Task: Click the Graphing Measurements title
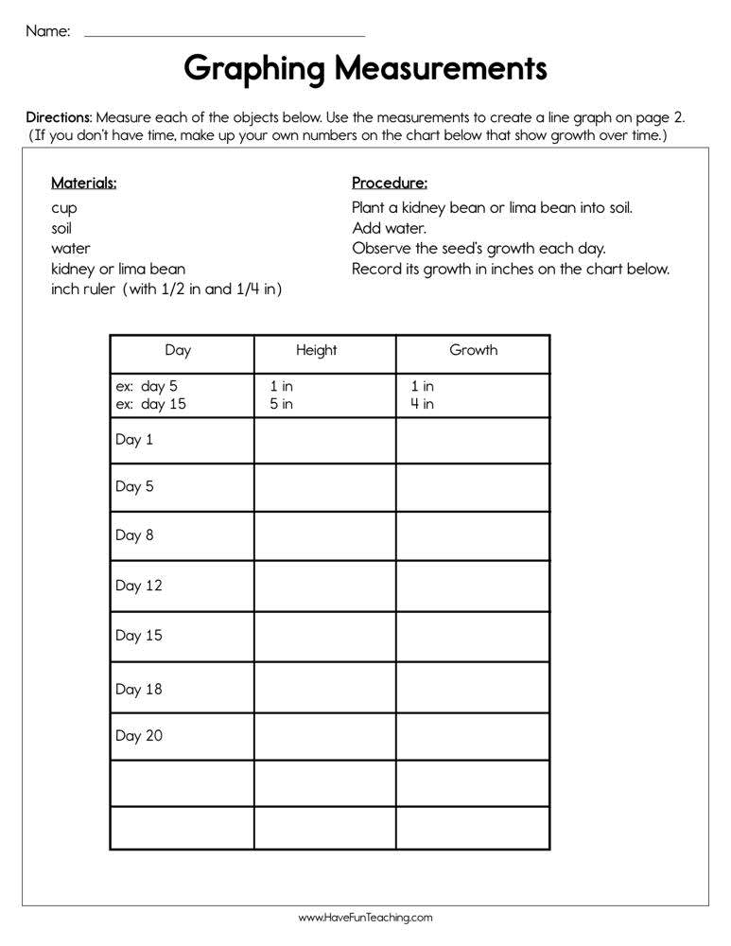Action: click(x=365, y=69)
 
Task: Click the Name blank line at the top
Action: click(x=224, y=34)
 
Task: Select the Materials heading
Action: click(x=84, y=183)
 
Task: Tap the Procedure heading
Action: click(x=390, y=183)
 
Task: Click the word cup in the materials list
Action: click(x=64, y=208)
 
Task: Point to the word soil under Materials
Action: click(x=61, y=228)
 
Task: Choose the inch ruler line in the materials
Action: click(x=166, y=289)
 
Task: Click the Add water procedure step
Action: click(x=389, y=228)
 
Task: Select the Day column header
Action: click(x=178, y=350)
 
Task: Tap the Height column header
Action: click(x=316, y=350)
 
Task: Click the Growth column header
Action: click(x=473, y=350)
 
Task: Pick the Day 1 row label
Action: click(x=134, y=440)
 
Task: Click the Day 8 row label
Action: click(x=134, y=535)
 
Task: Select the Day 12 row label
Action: click(x=139, y=586)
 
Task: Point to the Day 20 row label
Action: click(x=139, y=735)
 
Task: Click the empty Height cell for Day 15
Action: click(x=324, y=636)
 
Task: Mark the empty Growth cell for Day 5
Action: click(x=472, y=487)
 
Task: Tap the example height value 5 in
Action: click(x=282, y=404)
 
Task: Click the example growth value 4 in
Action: click(x=423, y=404)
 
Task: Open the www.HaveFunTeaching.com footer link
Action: click(x=365, y=918)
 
